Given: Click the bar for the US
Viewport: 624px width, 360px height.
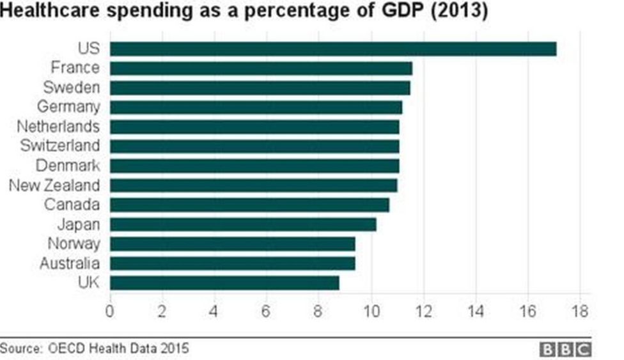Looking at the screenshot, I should click(333, 49).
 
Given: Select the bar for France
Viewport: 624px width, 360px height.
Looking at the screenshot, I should click(261, 68).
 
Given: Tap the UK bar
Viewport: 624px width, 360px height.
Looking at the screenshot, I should click(224, 283).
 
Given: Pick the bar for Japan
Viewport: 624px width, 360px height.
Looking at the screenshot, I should click(243, 224).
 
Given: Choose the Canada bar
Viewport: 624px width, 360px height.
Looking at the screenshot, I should click(249, 205).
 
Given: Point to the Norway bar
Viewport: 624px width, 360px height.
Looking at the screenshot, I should click(233, 244).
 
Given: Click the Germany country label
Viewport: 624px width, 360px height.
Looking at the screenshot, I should click(68, 107).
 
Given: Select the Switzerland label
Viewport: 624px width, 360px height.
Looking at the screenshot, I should click(59, 146).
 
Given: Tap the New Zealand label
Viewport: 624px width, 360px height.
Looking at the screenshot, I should click(54, 185).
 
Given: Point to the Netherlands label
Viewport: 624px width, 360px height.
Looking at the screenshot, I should click(58, 126).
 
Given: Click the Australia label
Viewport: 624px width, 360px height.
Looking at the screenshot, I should click(70, 263).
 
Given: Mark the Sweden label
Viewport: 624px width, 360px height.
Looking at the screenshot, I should click(72, 87).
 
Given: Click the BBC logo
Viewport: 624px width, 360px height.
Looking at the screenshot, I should click(566, 349).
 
